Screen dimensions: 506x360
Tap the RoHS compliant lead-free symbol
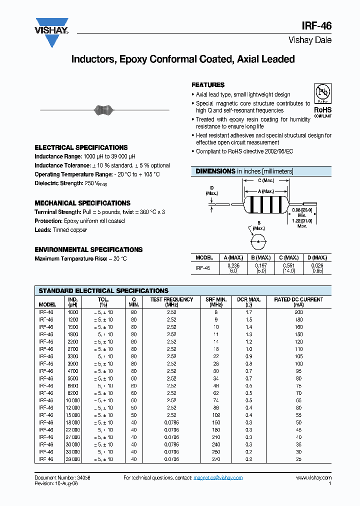click(322, 93)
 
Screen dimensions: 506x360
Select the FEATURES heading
click(208, 85)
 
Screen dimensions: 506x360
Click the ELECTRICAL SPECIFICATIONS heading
click(81, 147)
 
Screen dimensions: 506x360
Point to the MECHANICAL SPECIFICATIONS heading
click(82, 203)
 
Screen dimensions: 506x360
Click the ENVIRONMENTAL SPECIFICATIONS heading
click(88, 249)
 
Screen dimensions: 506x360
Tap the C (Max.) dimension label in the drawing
click(265, 180)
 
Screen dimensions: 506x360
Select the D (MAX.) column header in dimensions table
click(316, 257)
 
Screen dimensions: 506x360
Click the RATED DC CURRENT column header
click(298, 299)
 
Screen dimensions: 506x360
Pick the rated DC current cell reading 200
click(298, 312)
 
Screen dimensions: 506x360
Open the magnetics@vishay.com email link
click(218, 477)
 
